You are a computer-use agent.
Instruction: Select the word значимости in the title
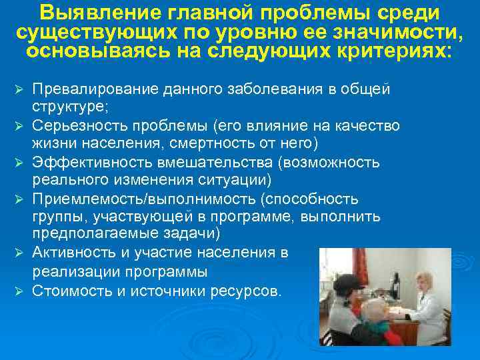click(x=397, y=33)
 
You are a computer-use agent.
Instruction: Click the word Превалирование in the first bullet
click(x=91, y=89)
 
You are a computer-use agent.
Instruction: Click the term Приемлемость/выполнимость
click(x=127, y=199)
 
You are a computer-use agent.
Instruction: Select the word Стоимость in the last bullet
click(x=67, y=289)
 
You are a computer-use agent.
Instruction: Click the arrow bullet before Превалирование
click(x=19, y=90)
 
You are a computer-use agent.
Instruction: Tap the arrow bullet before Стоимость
click(x=19, y=290)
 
